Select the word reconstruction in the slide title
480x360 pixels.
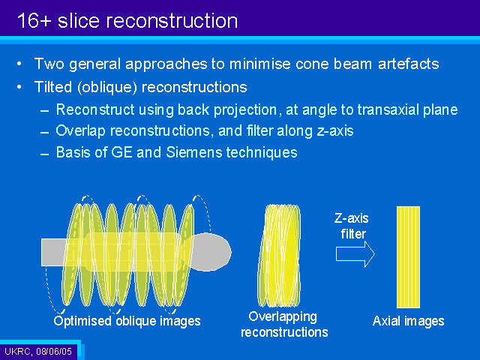click(172, 21)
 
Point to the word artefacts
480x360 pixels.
click(408, 64)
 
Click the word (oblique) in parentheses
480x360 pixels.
click(107, 87)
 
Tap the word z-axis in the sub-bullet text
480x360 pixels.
click(335, 130)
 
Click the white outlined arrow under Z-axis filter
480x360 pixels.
click(355, 254)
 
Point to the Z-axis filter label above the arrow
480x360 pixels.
click(352, 226)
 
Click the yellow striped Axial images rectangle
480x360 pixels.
click(408, 257)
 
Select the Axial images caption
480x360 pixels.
click(408, 321)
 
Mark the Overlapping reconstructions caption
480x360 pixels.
click(284, 324)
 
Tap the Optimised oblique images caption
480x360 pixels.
click(127, 321)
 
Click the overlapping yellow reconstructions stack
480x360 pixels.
click(279, 256)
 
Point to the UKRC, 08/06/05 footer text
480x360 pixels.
click(38, 351)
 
